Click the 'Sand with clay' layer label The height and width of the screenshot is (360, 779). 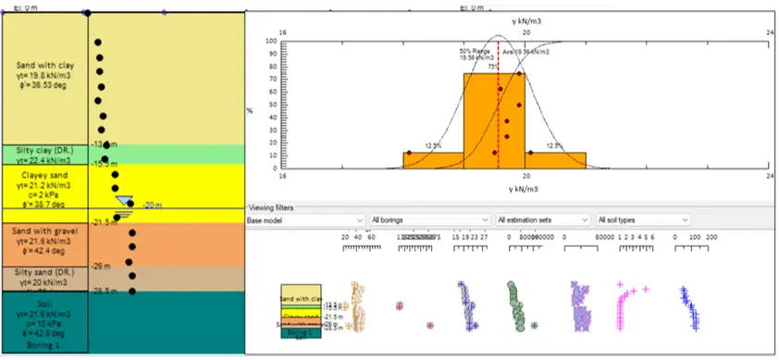pos(44,66)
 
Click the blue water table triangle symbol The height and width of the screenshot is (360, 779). pos(124,201)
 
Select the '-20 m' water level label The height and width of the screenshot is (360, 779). pos(153,205)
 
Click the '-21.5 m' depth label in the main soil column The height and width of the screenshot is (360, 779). pos(105,222)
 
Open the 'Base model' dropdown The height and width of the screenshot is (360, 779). pos(304,220)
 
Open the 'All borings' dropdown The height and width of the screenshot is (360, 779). pos(427,220)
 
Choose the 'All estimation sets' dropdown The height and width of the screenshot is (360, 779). pos(542,220)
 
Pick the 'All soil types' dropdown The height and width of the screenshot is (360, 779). pos(643,220)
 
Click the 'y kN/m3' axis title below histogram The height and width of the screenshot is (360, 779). pos(526,189)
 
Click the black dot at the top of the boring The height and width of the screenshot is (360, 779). pos(87,12)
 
